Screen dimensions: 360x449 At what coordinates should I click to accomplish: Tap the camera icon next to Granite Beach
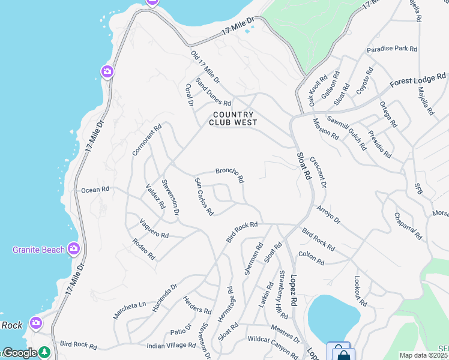(x=74, y=248)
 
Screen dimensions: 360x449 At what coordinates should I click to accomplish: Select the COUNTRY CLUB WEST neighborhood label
(x=233, y=118)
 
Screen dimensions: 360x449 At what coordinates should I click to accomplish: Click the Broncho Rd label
(x=230, y=175)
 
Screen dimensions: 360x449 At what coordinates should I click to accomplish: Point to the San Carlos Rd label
(x=204, y=196)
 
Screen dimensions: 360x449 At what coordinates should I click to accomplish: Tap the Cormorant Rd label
(x=147, y=140)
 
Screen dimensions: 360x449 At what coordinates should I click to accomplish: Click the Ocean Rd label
(x=95, y=190)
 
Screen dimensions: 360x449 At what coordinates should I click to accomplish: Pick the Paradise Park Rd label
(x=392, y=48)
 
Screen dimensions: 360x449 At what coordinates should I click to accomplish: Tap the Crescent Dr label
(x=318, y=172)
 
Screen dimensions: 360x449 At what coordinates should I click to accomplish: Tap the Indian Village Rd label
(x=172, y=346)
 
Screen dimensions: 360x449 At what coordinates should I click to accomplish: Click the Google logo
(x=20, y=353)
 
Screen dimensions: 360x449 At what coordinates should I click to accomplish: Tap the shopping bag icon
(x=343, y=355)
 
